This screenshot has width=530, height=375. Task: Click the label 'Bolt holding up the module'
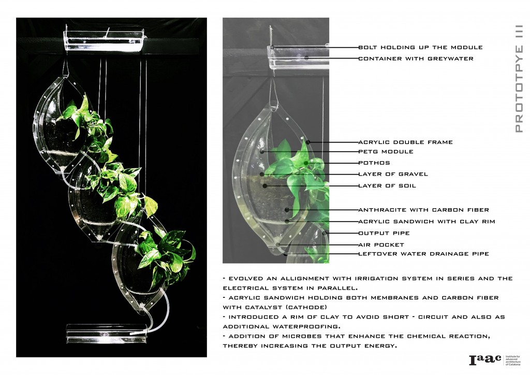pos(420,47)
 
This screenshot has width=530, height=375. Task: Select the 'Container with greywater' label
pos(416,59)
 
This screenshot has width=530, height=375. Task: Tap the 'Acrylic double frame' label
pos(406,142)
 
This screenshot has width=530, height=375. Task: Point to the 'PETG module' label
pos(386,151)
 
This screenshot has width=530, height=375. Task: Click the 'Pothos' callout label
pos(374,163)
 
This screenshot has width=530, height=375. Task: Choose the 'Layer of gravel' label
pos(393,174)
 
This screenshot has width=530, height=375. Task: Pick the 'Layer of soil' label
pos(387,185)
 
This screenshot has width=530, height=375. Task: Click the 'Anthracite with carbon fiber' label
pos(423,210)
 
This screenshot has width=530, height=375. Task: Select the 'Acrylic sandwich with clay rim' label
pos(426,222)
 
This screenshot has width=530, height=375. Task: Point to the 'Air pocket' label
pos(381,245)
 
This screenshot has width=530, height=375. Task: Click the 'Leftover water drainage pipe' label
pos(423,254)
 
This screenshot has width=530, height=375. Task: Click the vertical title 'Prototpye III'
pos(519,78)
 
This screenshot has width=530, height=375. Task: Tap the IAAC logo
pos(495,360)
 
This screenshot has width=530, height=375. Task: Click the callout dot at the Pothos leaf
pos(305,163)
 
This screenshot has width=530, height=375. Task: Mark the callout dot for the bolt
pos(272,47)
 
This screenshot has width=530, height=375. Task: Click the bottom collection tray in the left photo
pos(107,333)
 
